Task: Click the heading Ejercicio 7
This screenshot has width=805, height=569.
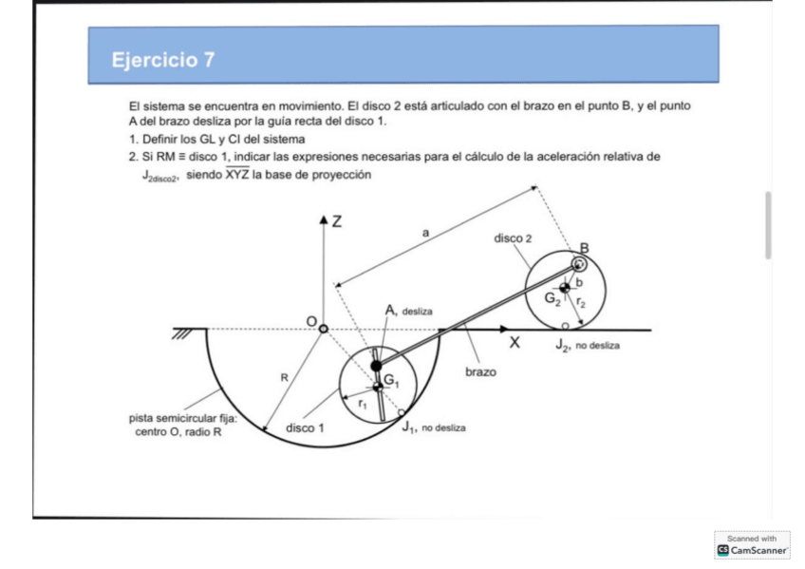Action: coord(162,60)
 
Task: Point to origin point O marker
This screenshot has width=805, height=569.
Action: coord(323,329)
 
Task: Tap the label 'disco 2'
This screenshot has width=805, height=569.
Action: coord(514,238)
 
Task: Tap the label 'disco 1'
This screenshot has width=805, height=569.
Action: coord(306,427)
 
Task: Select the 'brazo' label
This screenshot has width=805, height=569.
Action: coord(479,372)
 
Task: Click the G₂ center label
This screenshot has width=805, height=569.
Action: coord(552,297)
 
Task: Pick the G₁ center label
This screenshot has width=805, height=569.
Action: coord(391,380)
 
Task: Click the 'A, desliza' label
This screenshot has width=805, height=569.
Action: coord(408,310)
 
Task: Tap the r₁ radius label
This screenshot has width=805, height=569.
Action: coord(362,403)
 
